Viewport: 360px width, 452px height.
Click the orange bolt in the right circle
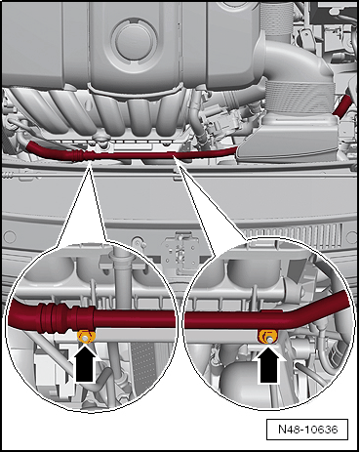(x=263, y=336)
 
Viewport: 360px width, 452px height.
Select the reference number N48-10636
(x=311, y=427)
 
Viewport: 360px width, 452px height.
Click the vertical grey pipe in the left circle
(x=117, y=283)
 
